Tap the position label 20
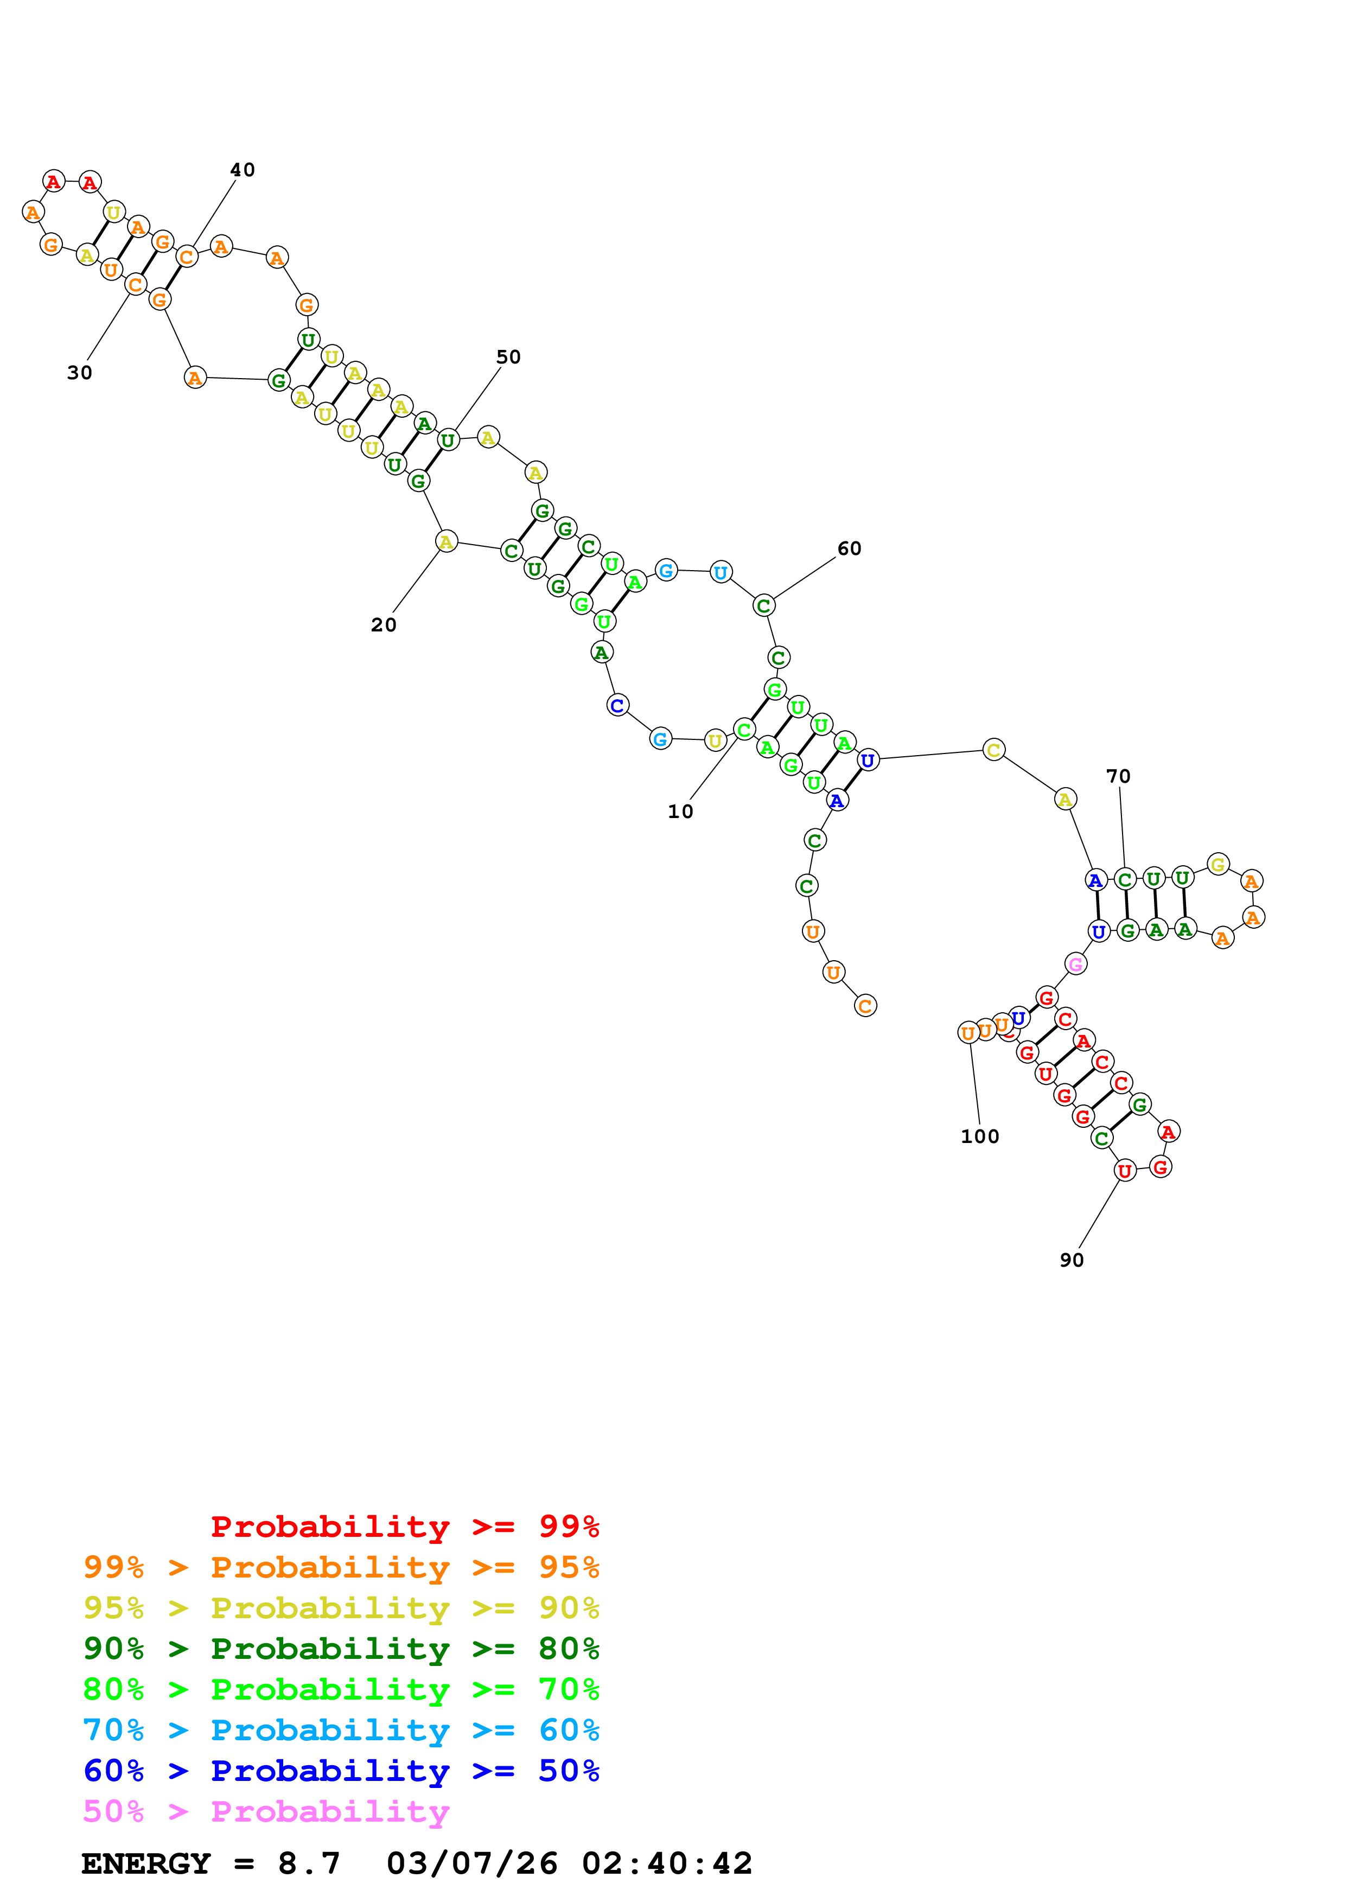click(x=383, y=625)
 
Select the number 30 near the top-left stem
click(x=80, y=373)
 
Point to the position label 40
click(x=242, y=170)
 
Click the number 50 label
click(x=508, y=357)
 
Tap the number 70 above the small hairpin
click(x=1118, y=777)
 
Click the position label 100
click(x=979, y=1136)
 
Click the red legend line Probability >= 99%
click(x=404, y=1527)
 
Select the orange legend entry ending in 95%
click(x=341, y=1567)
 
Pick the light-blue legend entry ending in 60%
click(x=341, y=1730)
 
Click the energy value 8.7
click(x=308, y=1863)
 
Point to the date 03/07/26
click(x=471, y=1863)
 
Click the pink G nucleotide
click(x=1075, y=964)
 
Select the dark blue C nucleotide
click(x=616, y=705)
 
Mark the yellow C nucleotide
click(x=993, y=750)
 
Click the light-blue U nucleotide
click(x=720, y=572)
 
